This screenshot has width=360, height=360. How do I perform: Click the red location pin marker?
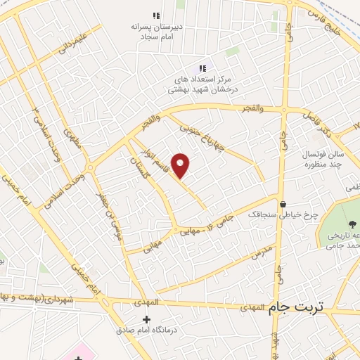(x=181, y=165)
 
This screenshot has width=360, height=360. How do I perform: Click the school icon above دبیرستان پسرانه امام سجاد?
(x=156, y=15)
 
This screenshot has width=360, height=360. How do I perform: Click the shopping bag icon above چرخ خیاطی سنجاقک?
(x=283, y=205)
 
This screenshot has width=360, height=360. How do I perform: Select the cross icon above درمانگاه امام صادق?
(x=146, y=320)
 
